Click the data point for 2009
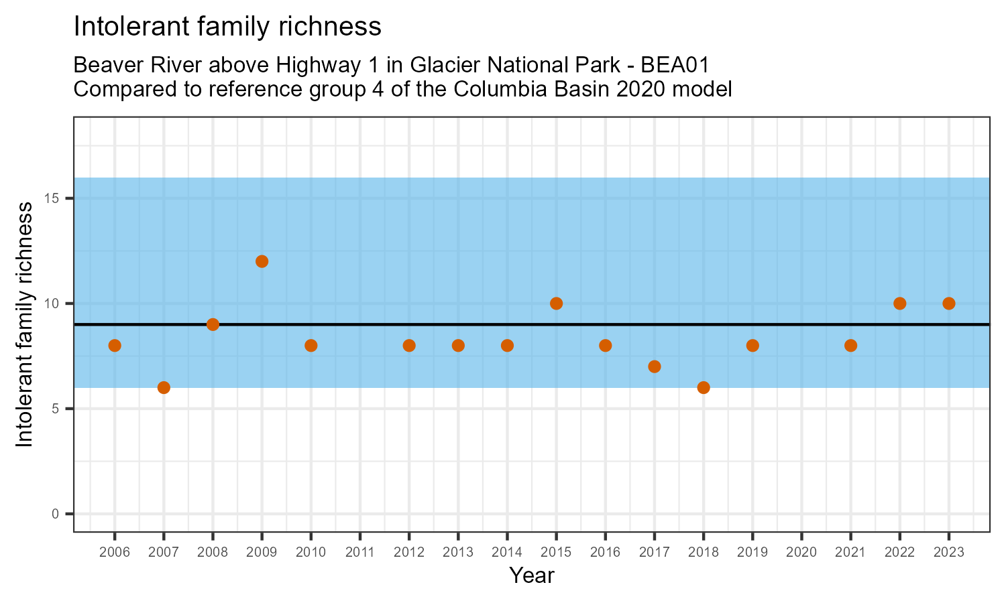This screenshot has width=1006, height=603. (262, 261)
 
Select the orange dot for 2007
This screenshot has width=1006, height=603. (164, 387)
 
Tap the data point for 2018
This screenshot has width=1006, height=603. (704, 387)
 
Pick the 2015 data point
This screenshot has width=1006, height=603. (556, 304)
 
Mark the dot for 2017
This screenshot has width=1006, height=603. (655, 366)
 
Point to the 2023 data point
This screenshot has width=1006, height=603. (948, 304)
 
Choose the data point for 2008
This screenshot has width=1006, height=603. (213, 324)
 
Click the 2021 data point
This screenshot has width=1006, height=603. (850, 346)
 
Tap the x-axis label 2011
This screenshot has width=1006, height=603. (360, 553)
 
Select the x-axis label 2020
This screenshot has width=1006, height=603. (801, 553)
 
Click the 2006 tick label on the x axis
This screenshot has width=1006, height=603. (115, 553)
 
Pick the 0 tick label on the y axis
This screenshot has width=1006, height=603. (56, 514)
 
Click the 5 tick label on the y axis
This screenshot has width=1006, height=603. (56, 409)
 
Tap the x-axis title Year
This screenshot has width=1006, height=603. (531, 576)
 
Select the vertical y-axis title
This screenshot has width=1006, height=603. (24, 324)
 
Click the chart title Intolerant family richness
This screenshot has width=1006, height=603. (227, 27)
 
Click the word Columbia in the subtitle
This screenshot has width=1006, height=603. (494, 88)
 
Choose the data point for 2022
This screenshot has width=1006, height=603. (899, 304)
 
